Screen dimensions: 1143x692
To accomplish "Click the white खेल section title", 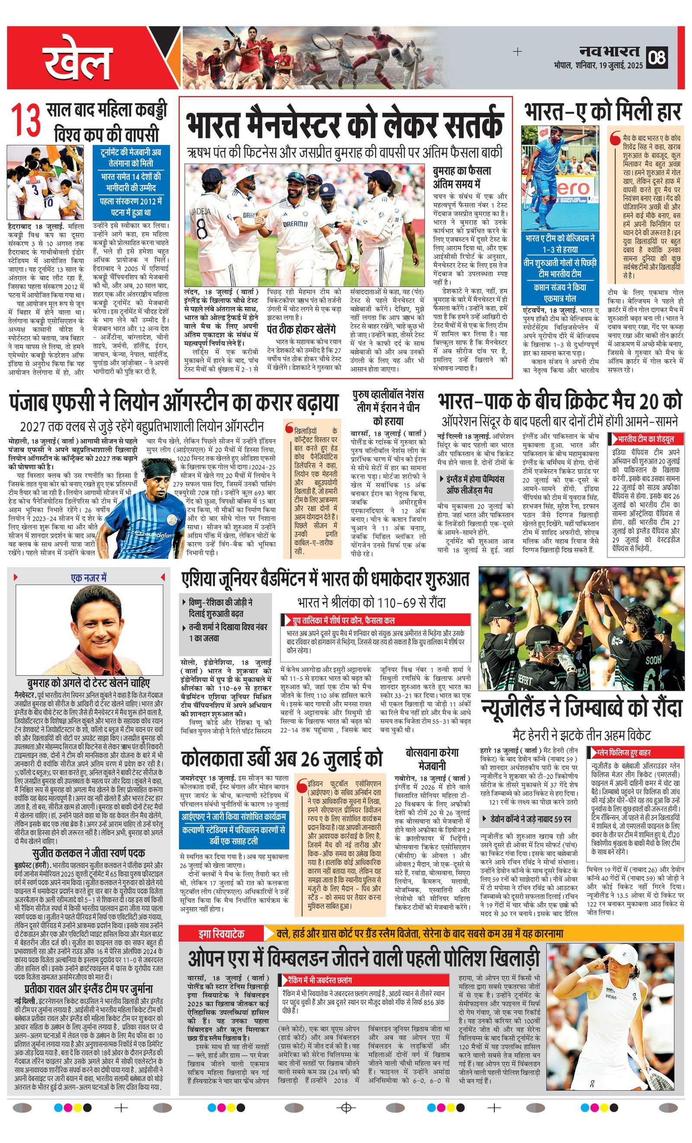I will coord(79,60).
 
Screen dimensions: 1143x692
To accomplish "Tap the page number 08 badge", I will coord(658,57).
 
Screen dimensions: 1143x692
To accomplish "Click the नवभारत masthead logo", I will coord(609,51).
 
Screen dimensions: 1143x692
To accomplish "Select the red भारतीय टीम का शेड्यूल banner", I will coord(646,438).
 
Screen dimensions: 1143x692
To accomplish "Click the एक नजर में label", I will coord(89,578).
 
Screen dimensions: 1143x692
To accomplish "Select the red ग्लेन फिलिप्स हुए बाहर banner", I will coord(634,752).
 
